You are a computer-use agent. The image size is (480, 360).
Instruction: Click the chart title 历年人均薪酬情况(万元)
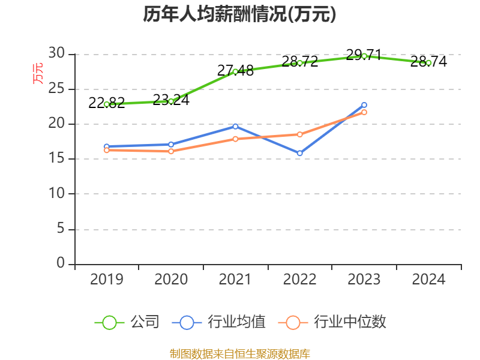239,14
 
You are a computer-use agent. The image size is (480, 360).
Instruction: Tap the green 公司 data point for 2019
107,104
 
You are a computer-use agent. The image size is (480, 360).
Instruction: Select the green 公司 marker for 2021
235,71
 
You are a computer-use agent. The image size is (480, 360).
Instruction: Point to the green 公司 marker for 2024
428,62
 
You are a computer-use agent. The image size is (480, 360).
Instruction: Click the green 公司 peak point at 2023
364,56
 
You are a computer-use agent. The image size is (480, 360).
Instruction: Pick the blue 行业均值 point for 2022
300,154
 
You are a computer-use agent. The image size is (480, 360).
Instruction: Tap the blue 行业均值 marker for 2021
235,126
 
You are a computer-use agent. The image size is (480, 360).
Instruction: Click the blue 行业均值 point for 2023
364,105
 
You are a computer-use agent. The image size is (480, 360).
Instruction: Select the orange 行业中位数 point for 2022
300,134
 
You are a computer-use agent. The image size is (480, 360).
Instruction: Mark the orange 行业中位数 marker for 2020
171,151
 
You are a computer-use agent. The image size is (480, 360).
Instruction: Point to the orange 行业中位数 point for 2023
364,112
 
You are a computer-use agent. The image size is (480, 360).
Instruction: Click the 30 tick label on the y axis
56,54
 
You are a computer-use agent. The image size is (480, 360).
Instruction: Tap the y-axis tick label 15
56,159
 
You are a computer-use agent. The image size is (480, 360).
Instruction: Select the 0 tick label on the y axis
61,263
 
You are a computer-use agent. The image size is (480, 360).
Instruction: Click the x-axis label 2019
107,280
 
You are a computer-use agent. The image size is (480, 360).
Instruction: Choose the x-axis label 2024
428,280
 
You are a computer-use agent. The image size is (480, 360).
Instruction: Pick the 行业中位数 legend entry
333,322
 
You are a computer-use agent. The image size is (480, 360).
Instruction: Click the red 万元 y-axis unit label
38,73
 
